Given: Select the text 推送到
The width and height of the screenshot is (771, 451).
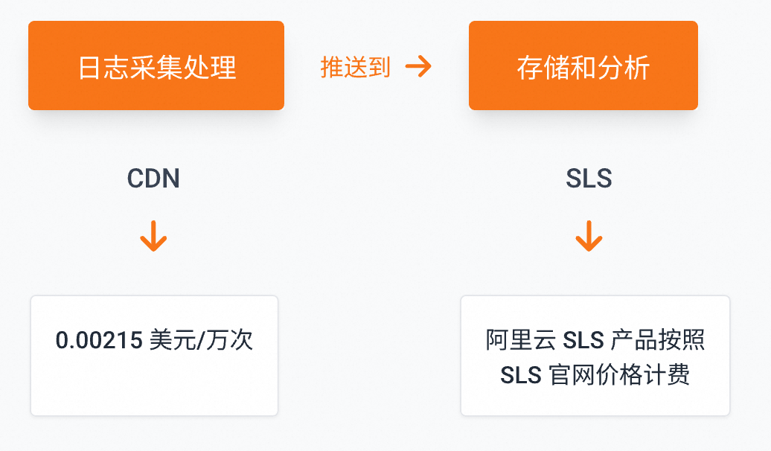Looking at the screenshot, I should click(355, 67).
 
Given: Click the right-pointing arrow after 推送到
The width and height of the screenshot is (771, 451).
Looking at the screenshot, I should click(418, 66).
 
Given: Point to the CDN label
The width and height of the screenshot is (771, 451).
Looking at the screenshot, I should click(153, 179).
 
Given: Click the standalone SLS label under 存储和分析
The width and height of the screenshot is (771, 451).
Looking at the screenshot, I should click(589, 179).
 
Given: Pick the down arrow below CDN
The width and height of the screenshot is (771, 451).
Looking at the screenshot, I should click(153, 236).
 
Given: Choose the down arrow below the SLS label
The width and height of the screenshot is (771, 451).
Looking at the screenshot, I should click(589, 236).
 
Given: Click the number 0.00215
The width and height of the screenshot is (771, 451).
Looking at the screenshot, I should click(99, 340).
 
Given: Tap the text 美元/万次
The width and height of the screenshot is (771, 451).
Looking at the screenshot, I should click(201, 340).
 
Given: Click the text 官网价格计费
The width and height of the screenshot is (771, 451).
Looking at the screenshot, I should click(618, 374).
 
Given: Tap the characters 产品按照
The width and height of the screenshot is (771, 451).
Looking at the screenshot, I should click(658, 341).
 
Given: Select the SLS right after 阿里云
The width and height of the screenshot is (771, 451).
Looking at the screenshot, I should click(583, 341).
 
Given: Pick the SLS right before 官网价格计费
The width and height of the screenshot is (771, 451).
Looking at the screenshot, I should click(520, 374).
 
